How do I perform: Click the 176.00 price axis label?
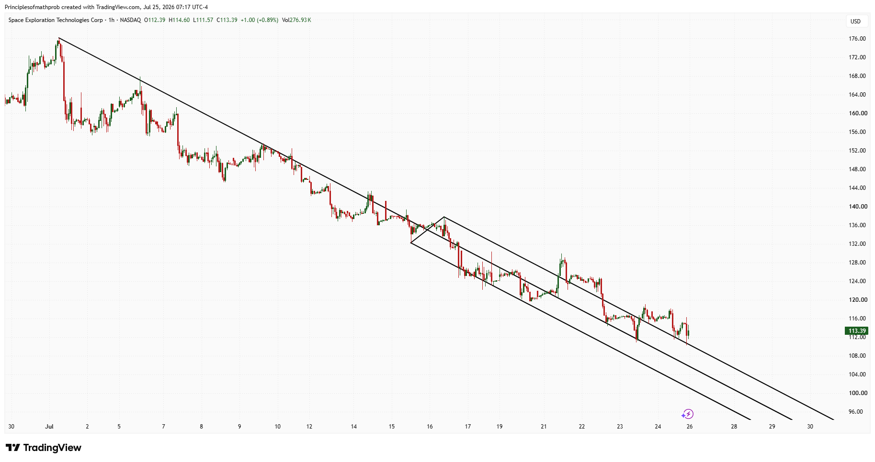[x=857, y=39]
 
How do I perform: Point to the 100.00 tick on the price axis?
[x=857, y=393]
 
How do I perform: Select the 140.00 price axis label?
[x=857, y=207]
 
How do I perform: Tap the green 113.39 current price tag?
[x=857, y=331]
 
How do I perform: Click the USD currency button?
[x=855, y=21]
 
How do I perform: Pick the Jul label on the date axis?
[x=49, y=427]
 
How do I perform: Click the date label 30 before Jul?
[x=11, y=427]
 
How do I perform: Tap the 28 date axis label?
[x=734, y=427]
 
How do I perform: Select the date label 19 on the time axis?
[x=500, y=427]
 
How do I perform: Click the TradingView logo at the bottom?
[x=44, y=448]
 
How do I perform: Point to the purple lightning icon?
[x=688, y=414]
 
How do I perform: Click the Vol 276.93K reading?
[x=296, y=20]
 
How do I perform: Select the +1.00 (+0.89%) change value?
[x=259, y=20]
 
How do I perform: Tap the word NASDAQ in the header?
[x=130, y=20]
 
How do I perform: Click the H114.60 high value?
[x=179, y=20]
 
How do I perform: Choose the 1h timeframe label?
[x=112, y=20]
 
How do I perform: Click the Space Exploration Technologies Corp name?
[x=56, y=20]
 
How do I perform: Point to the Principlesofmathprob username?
[x=33, y=7]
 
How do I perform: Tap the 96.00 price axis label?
[x=856, y=412]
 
